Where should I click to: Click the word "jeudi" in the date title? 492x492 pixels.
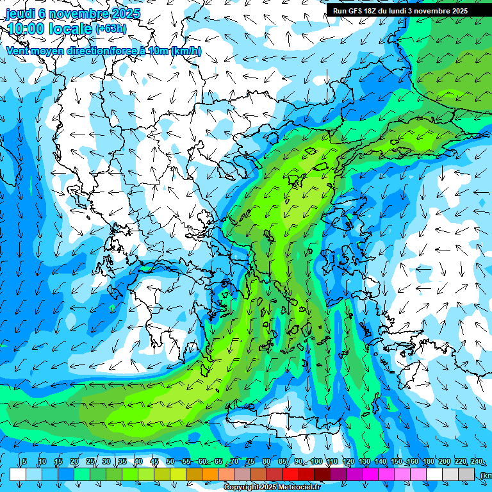coord(20,13)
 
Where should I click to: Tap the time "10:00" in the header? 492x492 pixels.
coord(26,29)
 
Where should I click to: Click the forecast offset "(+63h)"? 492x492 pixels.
coord(111,28)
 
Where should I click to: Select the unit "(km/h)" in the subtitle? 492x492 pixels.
coord(186,51)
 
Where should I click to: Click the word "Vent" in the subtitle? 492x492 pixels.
coord(19,51)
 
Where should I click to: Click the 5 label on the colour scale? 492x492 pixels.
coord(24,462)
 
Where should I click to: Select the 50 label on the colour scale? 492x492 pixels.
coord(170,462)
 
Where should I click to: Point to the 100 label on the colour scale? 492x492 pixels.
coord(316,462)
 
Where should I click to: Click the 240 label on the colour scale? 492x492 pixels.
coord(477,462)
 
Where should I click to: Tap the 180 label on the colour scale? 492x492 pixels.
coord(429,462)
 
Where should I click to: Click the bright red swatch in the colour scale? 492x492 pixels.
coord(290,475)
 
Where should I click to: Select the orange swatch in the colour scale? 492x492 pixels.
coord(210,475)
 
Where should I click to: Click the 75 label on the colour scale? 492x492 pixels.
coord(250,462)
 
